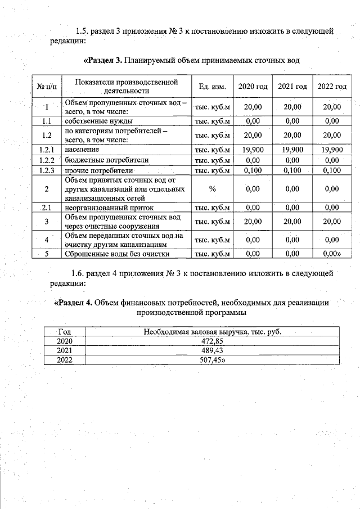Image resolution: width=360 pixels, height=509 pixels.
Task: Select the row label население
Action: tap(82, 150)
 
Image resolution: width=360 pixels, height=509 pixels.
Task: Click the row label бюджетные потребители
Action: tap(98, 160)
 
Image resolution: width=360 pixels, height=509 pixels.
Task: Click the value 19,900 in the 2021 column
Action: tap(292, 150)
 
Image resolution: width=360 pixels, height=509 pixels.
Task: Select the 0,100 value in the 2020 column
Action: tap(253, 170)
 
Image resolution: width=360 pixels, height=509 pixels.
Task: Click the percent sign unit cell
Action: tap(212, 189)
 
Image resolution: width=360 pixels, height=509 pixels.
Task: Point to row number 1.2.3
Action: tap(47, 170)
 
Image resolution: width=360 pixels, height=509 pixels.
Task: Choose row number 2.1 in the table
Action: tap(47, 208)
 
